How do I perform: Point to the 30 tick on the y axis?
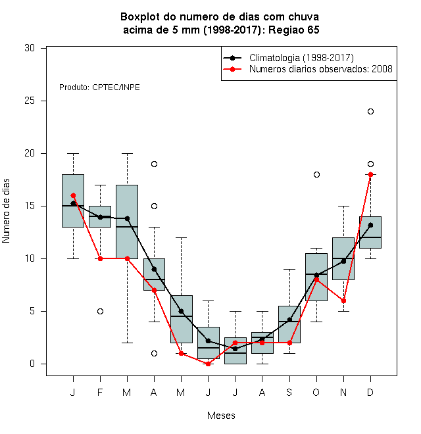pyautogui.click(x=30, y=48)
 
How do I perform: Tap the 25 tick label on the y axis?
pyautogui.click(x=30, y=101)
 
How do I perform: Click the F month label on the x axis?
pyautogui.click(x=100, y=392)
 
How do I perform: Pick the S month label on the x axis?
pyautogui.click(x=289, y=392)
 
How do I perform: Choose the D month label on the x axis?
pyautogui.click(x=370, y=392)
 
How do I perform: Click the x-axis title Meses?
pyautogui.click(x=221, y=416)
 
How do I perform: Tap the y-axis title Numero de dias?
pyautogui.click(x=6, y=211)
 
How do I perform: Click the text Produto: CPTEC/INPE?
pyautogui.click(x=99, y=87)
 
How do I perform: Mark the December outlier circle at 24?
pyautogui.click(x=370, y=112)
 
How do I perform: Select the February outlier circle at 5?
pyautogui.click(x=100, y=312)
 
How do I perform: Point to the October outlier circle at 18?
pyautogui.click(x=316, y=175)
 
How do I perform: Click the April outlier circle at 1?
pyautogui.click(x=155, y=354)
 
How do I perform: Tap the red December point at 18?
pyautogui.click(x=370, y=175)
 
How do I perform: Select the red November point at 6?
pyautogui.click(x=343, y=301)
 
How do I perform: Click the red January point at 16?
pyautogui.click(x=73, y=196)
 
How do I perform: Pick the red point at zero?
pyautogui.click(x=208, y=364)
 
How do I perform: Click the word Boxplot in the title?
pyautogui.click(x=140, y=17)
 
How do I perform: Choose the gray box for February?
pyautogui.click(x=100, y=217)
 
